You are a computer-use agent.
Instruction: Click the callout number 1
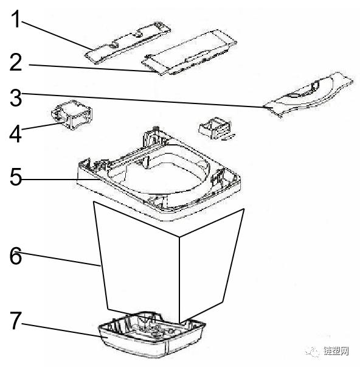point(16,19)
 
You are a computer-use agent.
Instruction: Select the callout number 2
point(16,62)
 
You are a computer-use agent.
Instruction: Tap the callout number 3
point(15,98)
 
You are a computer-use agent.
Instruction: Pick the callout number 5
point(16,177)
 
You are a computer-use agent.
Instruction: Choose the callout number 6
point(15,256)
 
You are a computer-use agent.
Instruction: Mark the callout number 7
point(16,321)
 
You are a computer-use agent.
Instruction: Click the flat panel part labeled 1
point(128,43)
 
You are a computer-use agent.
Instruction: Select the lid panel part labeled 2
point(189,52)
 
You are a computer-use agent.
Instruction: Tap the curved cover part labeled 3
point(308,94)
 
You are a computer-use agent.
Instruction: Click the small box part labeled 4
point(72,114)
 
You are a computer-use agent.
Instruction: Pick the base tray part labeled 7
point(152,335)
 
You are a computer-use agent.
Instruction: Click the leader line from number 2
point(95,68)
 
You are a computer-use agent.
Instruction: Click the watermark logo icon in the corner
point(313,351)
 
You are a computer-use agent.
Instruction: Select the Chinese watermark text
point(336,351)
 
